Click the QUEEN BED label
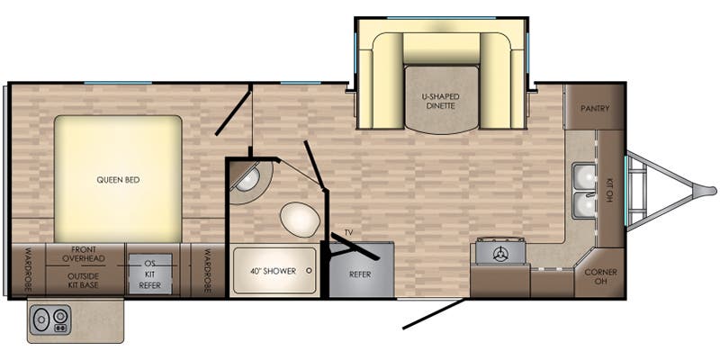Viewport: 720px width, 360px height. [118, 180]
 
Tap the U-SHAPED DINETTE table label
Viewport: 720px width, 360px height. [441, 101]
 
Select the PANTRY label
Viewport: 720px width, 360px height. [595, 108]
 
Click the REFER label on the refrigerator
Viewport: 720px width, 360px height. [360, 274]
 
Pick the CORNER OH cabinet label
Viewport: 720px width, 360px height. [600, 276]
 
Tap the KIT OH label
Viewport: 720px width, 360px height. [610, 191]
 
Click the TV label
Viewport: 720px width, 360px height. [349, 233]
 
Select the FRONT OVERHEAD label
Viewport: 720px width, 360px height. [84, 254]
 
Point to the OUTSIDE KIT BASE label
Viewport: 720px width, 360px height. [83, 281]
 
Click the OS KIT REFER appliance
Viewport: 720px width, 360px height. [150, 274]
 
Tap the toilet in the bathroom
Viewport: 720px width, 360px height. [300, 220]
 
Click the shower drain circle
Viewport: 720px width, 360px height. [309, 271]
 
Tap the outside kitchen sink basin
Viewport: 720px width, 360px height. [41, 319]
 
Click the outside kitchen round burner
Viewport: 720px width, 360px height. [60, 317]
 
